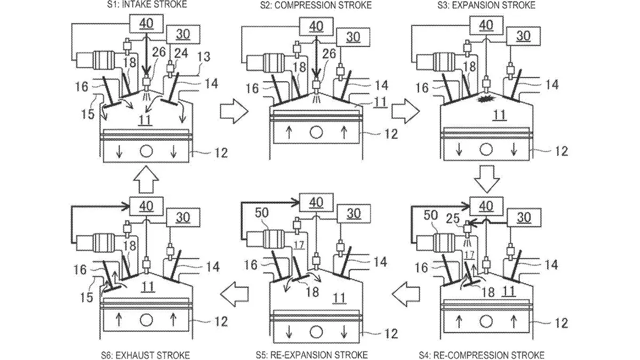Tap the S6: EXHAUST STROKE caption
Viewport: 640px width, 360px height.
point(146,355)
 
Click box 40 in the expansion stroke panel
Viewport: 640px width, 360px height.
point(486,25)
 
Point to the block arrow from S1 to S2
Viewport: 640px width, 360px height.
point(234,112)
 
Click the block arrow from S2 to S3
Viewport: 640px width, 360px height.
point(403,112)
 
